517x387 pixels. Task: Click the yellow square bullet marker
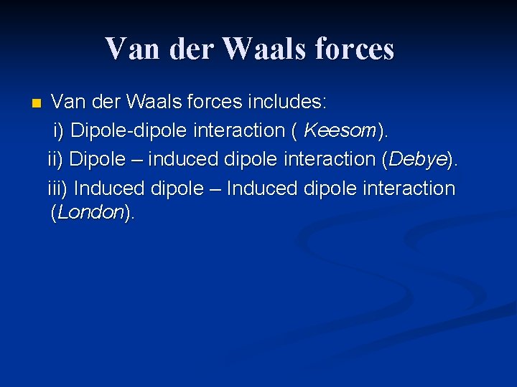pos(37,104)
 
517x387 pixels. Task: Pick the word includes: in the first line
pos(287,102)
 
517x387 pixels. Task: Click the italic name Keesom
pos(340,130)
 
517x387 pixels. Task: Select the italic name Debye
pos(417,159)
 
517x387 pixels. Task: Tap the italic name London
pos(90,213)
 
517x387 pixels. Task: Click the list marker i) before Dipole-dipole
pos(60,130)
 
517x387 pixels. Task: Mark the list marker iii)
pos(58,188)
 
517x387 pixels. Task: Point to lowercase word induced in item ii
pos(182,159)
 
